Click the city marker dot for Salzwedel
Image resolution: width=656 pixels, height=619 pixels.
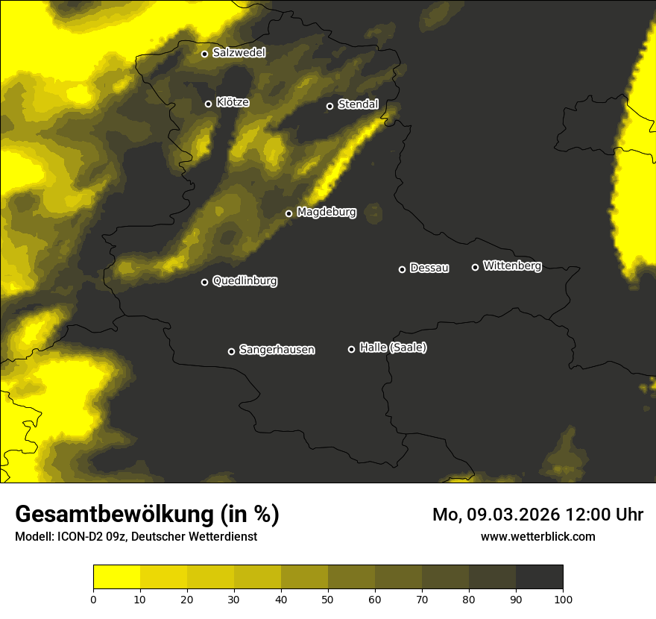(x=204, y=54)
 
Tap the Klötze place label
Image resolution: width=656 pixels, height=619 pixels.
(x=233, y=103)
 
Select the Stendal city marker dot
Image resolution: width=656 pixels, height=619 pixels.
(x=329, y=106)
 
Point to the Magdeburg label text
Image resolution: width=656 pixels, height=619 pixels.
(x=327, y=213)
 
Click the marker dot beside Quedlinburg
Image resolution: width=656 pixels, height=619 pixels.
(x=204, y=282)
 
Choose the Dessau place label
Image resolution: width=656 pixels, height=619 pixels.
(x=429, y=268)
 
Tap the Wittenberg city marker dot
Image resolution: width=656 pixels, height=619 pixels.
(x=475, y=267)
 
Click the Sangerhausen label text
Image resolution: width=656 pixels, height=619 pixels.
(x=277, y=350)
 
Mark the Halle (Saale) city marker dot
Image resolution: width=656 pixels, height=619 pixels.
(x=351, y=349)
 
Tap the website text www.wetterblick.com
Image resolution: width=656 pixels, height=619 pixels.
(x=537, y=536)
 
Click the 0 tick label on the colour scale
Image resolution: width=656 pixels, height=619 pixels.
(x=93, y=599)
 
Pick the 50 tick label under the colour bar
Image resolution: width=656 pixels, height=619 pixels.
(x=328, y=599)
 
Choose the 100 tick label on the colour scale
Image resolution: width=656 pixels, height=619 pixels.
(x=563, y=599)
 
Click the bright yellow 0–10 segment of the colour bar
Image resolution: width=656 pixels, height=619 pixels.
(x=116, y=577)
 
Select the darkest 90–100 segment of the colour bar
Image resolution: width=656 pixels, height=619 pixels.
(x=539, y=577)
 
